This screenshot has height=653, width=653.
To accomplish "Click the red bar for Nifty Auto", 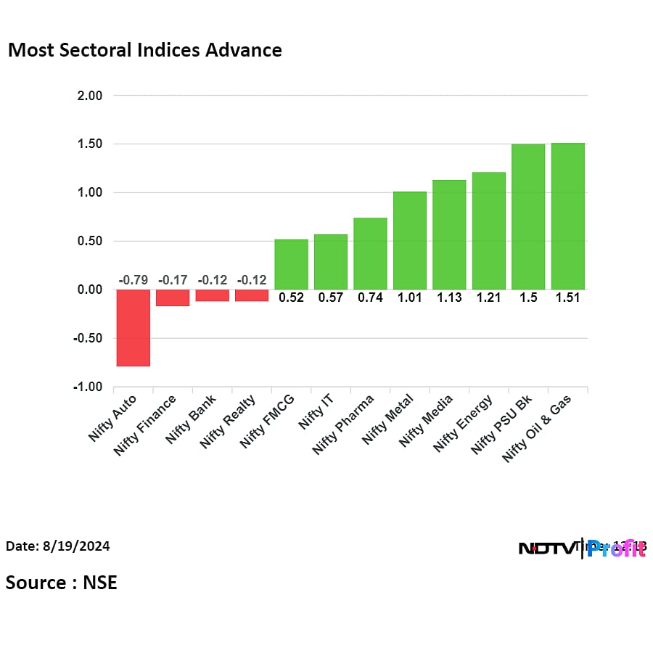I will [134, 328].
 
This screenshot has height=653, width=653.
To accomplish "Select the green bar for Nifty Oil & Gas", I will [568, 216].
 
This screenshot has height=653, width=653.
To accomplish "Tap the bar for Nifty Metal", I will [410, 240].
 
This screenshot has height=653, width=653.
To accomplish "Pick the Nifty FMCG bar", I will [291, 264].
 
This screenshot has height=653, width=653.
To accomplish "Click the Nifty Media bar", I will [449, 234].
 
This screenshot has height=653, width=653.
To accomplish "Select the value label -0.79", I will [133, 280].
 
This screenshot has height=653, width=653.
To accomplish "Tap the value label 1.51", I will [568, 297].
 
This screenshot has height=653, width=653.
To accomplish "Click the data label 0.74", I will [370, 297].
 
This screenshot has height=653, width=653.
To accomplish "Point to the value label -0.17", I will [173, 280].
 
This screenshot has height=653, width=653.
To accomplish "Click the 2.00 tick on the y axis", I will [91, 96].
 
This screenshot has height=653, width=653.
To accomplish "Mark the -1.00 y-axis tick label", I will [89, 387].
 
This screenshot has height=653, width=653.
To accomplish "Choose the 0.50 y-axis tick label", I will [91, 241].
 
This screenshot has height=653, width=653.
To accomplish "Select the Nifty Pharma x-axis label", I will [344, 425].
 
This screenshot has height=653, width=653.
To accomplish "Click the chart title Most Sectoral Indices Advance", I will [144, 50].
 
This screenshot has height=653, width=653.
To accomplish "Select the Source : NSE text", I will [62, 583].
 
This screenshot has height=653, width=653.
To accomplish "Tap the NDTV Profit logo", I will [582, 549].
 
